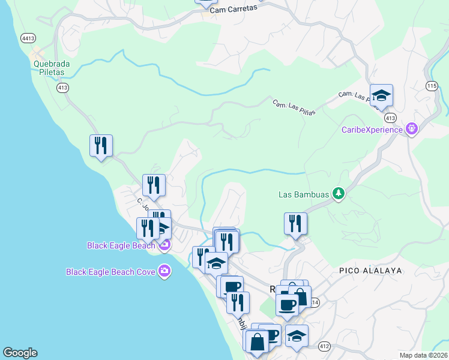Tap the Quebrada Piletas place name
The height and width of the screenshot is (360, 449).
tap(49, 67)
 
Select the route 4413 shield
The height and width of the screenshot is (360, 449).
tap(28, 38)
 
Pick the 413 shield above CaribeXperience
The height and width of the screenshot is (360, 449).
tap(390, 117)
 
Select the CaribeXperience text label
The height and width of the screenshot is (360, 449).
tap(372, 129)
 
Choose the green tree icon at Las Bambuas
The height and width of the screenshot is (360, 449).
tap(339, 193)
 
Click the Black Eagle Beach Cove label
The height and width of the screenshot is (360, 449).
tap(110, 272)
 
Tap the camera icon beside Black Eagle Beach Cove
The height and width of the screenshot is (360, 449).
tap(164, 272)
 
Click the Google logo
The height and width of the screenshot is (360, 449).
tap(20, 353)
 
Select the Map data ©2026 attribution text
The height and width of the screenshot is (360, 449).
tap(423, 355)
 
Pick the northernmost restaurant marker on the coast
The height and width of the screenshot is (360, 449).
tap(101, 146)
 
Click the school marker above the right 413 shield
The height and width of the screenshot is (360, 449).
tap(381, 95)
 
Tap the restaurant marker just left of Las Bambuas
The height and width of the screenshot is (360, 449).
tap(295, 224)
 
